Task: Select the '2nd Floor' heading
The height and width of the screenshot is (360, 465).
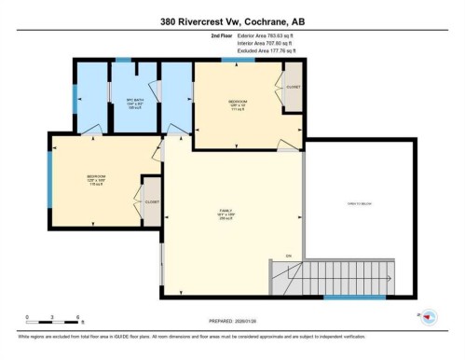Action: pos(224,35)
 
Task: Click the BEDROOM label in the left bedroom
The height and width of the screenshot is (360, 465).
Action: pos(96,177)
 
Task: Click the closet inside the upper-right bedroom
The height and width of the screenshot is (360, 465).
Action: pos(293,88)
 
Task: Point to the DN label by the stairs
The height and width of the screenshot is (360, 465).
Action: pos(288,255)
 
